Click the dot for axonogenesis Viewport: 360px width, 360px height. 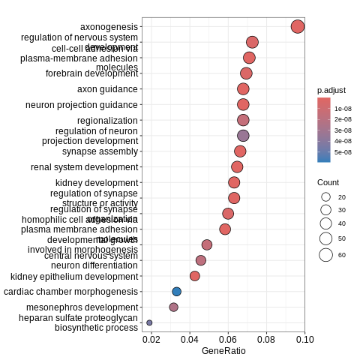(298, 27)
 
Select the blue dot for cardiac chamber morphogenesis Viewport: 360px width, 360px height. (177, 292)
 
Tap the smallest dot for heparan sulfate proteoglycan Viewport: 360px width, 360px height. (149, 322)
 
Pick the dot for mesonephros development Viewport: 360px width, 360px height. (174, 307)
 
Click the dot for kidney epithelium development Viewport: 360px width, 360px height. (195, 276)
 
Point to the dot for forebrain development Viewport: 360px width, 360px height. (246, 73)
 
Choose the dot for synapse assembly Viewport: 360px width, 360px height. (240, 151)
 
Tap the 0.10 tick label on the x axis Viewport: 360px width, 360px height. (304, 340)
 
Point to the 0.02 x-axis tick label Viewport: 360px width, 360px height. (151, 340)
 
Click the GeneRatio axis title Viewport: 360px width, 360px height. (223, 350)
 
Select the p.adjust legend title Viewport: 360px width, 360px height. (331, 90)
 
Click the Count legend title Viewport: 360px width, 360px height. (328, 182)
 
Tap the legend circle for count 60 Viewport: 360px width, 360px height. (325, 255)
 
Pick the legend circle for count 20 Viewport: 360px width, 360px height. (325, 196)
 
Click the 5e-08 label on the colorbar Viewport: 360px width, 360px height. (343, 152)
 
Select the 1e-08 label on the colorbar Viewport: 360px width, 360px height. (343, 109)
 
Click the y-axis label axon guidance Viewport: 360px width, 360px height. (107, 89)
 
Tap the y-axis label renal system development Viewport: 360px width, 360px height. (84, 167)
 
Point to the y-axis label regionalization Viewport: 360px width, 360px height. (107, 121)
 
